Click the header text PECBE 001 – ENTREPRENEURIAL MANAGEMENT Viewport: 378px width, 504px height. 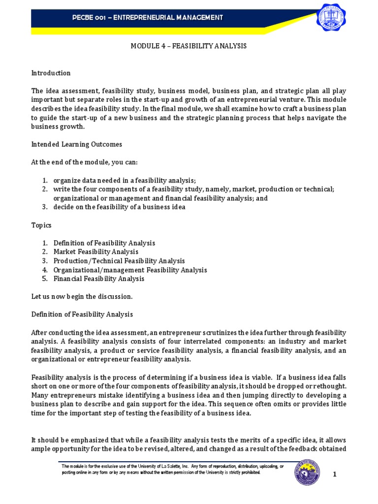tap(147, 18)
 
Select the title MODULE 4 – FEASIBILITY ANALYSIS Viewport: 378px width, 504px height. tap(188, 46)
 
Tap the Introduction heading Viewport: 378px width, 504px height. tap(51, 73)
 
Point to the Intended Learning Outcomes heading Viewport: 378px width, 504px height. tap(77, 144)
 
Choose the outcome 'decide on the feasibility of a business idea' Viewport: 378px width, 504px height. tap(120, 207)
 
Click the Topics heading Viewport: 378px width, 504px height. tap(41, 225)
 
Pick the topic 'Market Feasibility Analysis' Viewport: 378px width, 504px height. tap(96, 252)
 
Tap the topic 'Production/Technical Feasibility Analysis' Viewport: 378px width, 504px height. tap(119, 261)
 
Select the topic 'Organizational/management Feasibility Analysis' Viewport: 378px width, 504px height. tap(130, 270)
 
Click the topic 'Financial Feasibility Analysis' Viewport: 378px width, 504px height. tap(99, 279)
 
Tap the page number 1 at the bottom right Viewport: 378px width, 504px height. tap(335, 474)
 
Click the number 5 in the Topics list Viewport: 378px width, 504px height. tap(44, 279)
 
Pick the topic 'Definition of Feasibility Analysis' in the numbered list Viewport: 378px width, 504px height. tap(104, 243)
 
